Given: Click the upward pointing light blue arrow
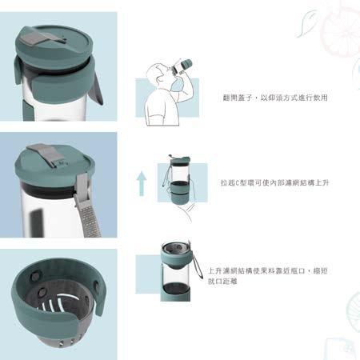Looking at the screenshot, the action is (x=142, y=184).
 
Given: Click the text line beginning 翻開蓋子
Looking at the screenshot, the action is (x=275, y=98).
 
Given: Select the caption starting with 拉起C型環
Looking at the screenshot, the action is (x=274, y=182).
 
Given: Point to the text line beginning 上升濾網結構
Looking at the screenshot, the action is (x=267, y=271).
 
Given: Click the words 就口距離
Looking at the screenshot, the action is (x=222, y=282).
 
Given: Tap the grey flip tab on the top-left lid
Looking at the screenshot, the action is (x=44, y=37).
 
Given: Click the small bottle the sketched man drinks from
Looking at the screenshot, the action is (x=182, y=66).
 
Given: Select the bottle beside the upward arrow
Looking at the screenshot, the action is (x=179, y=179).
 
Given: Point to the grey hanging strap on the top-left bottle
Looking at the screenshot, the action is (x=97, y=88).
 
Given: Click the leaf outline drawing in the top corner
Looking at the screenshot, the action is (x=306, y=23).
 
